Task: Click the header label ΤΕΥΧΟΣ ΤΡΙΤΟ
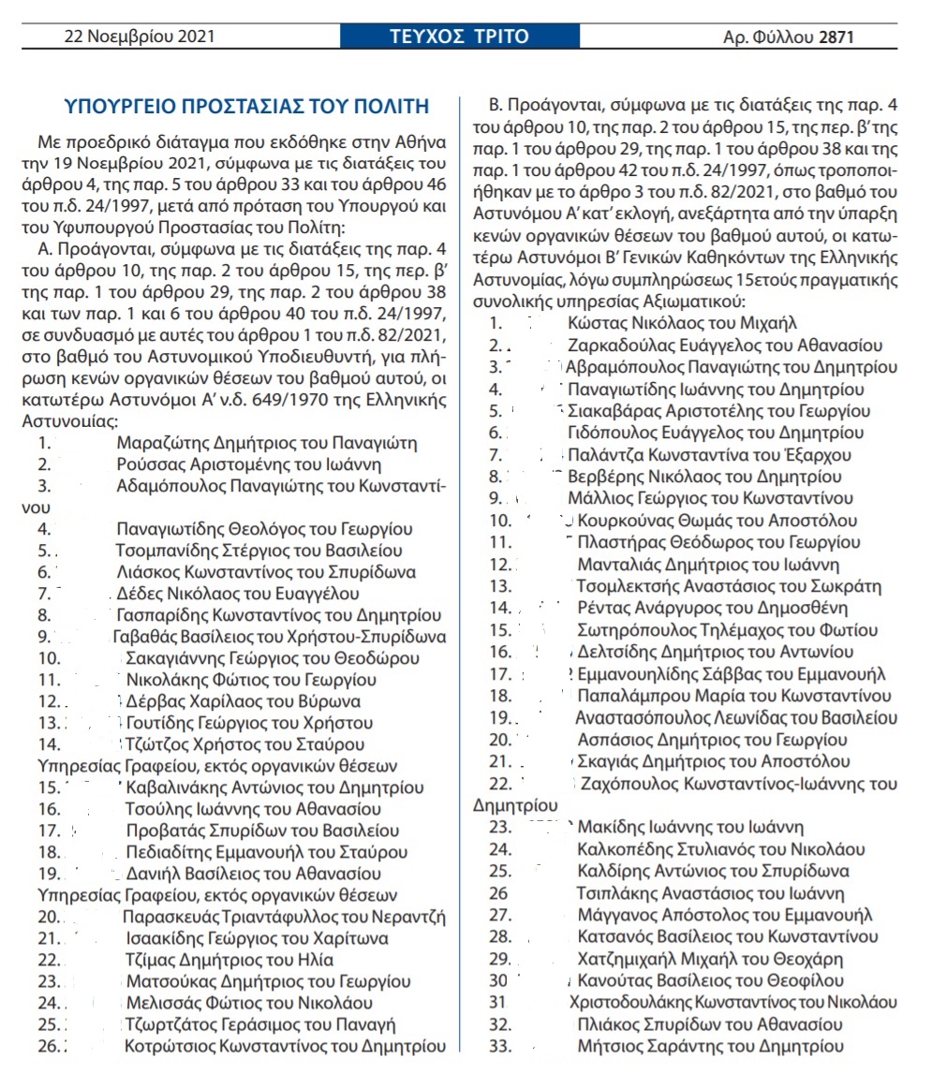(x=459, y=37)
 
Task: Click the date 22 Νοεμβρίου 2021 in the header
(x=140, y=37)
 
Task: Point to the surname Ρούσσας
(x=146, y=464)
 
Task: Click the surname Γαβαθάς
(x=135, y=637)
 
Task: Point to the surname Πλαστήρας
(x=619, y=541)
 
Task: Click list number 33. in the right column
(x=501, y=1046)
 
